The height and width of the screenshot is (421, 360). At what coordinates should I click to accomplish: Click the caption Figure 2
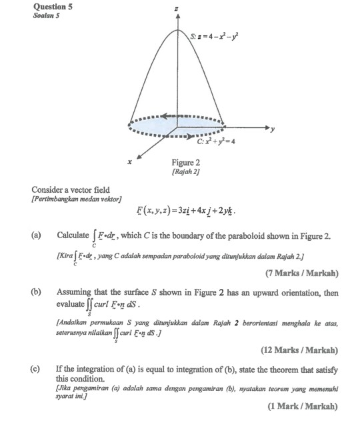(185, 162)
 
